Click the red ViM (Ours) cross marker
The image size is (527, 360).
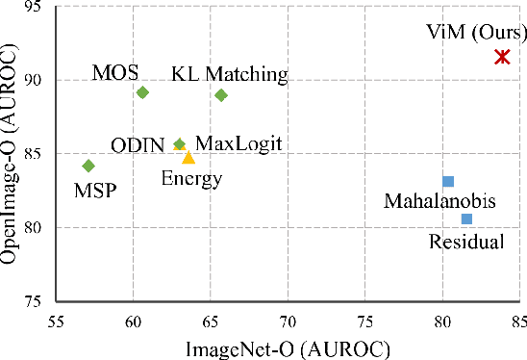(502, 57)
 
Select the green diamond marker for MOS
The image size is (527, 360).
(142, 92)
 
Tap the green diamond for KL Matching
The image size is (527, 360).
(221, 95)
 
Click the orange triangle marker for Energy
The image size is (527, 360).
(188, 157)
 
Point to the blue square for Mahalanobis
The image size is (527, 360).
(448, 181)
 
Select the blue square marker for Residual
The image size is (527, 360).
(466, 219)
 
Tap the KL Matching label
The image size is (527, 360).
(230, 74)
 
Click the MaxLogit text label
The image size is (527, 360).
(238, 144)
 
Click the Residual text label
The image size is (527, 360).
(466, 242)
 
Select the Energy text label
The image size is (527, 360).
(191, 178)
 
